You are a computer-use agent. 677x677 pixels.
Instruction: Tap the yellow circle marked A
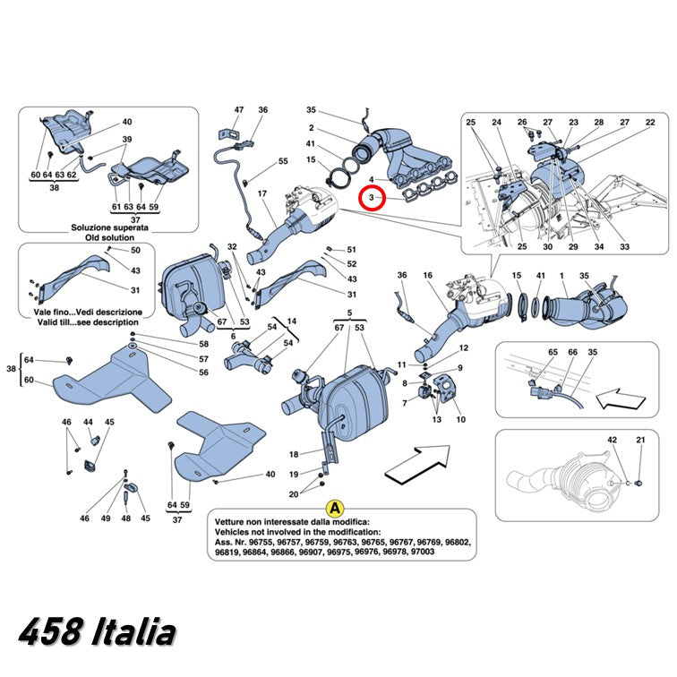(335, 509)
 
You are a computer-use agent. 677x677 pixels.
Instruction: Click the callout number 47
(239, 110)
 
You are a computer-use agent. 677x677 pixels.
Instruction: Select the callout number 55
(283, 161)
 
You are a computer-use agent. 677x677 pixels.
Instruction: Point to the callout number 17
(262, 193)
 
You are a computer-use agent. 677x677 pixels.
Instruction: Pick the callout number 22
(650, 122)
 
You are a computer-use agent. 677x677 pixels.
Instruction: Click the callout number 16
(427, 275)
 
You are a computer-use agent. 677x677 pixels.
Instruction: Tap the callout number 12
(464, 348)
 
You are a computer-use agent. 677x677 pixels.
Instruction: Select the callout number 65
(553, 352)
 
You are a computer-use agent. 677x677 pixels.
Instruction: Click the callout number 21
(641, 440)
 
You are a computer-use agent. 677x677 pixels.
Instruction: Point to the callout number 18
(294, 454)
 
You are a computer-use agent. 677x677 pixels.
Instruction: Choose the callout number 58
(203, 344)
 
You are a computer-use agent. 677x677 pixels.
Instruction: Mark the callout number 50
(135, 250)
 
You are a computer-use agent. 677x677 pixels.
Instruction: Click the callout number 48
(125, 518)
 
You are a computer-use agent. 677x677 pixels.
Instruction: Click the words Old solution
(109, 237)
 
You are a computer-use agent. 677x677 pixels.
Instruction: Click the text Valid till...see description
(88, 322)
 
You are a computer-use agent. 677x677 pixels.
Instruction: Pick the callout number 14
(292, 321)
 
